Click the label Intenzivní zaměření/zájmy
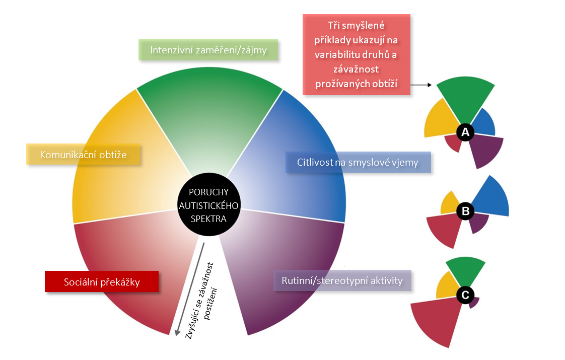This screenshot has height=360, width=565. click(x=208, y=50)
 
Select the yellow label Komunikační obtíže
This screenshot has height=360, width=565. click(x=83, y=155)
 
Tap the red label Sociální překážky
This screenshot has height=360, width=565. click(x=102, y=282)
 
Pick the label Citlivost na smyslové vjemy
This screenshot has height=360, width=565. click(x=358, y=163)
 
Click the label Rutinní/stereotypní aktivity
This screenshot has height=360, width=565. click(x=342, y=280)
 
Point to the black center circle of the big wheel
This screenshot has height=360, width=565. click(x=208, y=205)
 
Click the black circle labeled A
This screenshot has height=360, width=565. click(x=465, y=132)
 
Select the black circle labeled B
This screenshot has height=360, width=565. click(x=465, y=212)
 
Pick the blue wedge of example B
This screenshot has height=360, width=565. click(x=489, y=199)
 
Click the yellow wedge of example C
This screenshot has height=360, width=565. click(x=447, y=285)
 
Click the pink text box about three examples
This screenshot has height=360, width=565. click(x=356, y=54)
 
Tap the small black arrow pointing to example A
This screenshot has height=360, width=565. click(x=422, y=86)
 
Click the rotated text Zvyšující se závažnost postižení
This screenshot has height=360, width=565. click(x=203, y=300)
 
